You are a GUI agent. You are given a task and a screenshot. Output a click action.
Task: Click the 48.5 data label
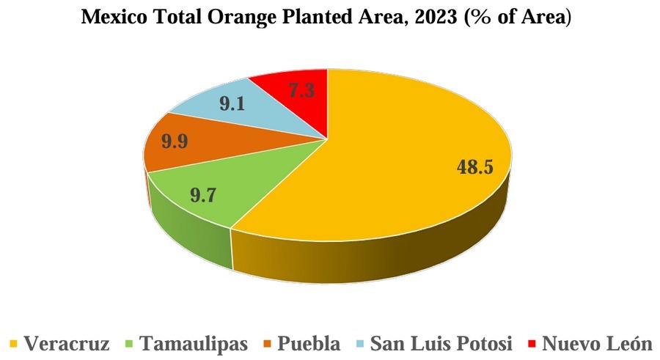474,167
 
